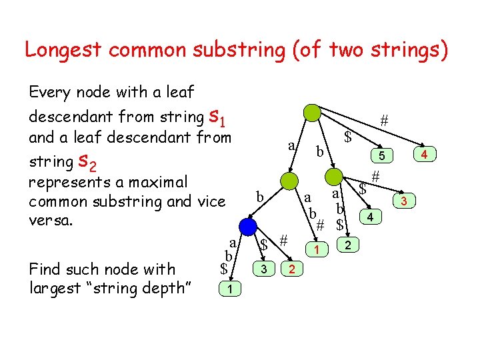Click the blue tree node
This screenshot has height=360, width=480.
(249, 227)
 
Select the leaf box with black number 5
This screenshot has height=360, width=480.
(381, 155)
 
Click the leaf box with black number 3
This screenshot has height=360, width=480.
(265, 269)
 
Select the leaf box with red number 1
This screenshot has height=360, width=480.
(317, 249)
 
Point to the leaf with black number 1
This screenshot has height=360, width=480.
(229, 289)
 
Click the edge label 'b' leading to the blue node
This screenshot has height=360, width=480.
(261, 197)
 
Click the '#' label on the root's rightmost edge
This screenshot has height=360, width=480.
(383, 121)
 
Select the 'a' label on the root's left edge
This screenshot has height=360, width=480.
(291, 145)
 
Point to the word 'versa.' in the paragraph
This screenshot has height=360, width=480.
(50, 221)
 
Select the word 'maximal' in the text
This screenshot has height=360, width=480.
(164, 182)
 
